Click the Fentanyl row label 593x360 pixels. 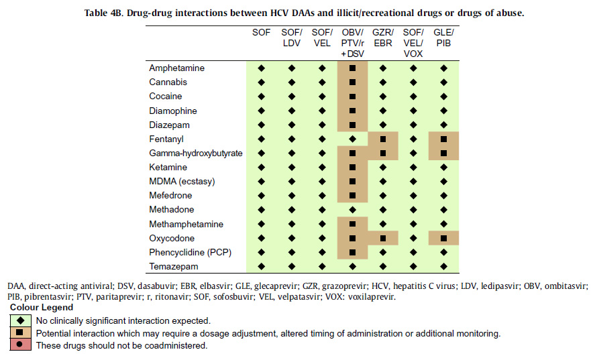[x=166, y=139]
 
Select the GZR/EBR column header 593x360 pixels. [x=382, y=38]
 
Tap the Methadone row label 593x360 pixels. [x=171, y=210]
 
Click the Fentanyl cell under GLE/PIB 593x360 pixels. [x=443, y=139]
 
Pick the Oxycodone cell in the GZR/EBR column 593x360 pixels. [x=382, y=238]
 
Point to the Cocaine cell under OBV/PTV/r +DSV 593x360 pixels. [x=352, y=97]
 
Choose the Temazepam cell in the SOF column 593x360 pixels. [x=262, y=266]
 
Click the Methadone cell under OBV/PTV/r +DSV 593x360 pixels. [x=352, y=210]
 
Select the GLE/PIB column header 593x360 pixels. [x=443, y=38]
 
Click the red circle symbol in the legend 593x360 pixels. [x=20, y=345]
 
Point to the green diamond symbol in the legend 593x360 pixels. [x=20, y=320]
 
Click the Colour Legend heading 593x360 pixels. [x=42, y=307]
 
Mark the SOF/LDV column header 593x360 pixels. [x=292, y=38]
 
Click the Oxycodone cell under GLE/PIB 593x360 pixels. [x=443, y=238]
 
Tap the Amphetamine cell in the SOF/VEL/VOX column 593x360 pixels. [x=413, y=68]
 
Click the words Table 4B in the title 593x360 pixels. [x=105, y=12]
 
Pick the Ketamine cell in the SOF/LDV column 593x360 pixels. [x=292, y=167]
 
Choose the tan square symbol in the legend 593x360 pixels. [x=20, y=333]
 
